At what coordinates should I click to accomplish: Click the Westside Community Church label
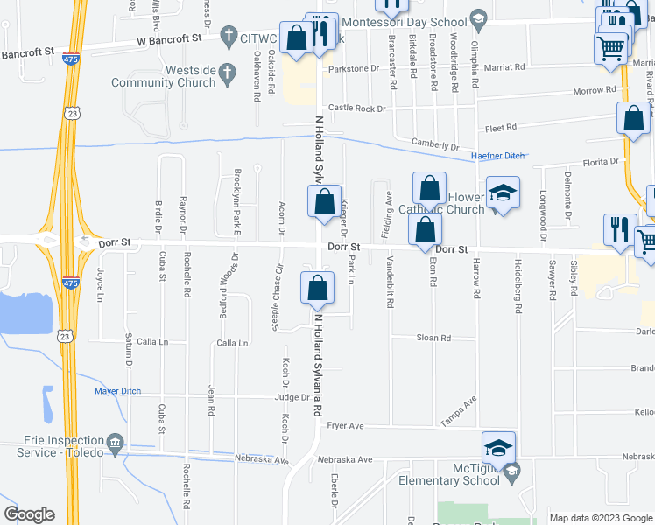click(164, 76)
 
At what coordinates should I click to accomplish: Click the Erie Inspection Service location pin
click(115, 446)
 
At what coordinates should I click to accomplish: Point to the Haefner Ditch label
click(497, 156)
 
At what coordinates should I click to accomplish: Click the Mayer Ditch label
click(117, 391)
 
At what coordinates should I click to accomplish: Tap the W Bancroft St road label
click(169, 39)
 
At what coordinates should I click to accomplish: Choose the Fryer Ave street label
click(344, 426)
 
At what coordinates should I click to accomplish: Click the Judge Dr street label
click(292, 396)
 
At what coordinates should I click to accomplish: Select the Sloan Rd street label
click(433, 338)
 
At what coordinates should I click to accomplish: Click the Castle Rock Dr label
click(357, 108)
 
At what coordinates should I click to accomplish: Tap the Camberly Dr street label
click(435, 145)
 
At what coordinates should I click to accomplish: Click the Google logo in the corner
click(29, 514)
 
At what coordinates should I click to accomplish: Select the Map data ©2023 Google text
click(601, 518)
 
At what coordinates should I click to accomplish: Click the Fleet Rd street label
click(501, 128)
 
